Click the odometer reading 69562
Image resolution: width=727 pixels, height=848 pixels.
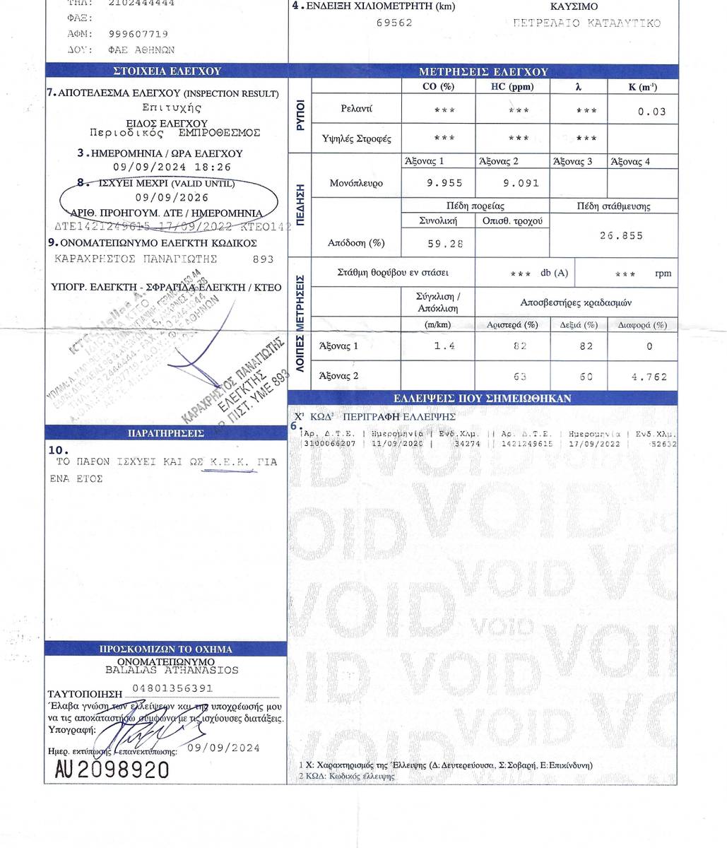point(394,23)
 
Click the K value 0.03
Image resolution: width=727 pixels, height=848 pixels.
point(651,112)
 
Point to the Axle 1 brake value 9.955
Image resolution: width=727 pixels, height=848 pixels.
point(445,183)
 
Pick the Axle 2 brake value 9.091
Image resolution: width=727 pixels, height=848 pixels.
point(521,183)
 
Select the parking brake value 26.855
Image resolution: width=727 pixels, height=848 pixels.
point(622,236)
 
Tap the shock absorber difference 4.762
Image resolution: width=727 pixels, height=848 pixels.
point(649,377)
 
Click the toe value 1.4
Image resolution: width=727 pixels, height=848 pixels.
point(444,346)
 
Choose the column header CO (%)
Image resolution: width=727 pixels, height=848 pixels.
point(438,87)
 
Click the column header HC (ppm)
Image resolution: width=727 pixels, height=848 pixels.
point(512,87)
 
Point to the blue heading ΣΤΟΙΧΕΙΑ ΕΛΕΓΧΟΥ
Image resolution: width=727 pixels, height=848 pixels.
point(167,71)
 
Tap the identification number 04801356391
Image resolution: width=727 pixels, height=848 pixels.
point(172,688)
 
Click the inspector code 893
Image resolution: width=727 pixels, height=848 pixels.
point(263,259)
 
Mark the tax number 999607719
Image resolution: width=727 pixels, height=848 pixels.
point(138,34)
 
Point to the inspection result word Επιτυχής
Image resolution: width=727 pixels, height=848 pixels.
point(172,108)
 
